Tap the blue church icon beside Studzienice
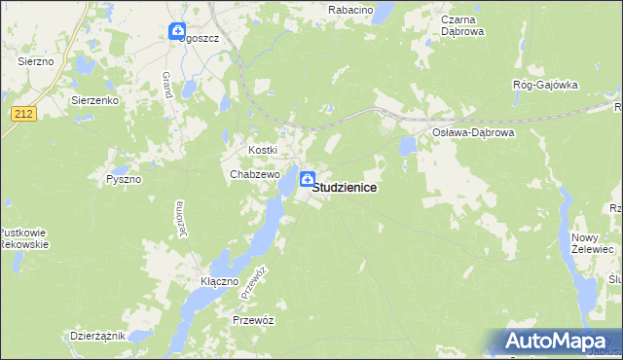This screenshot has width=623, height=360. coord(308,178)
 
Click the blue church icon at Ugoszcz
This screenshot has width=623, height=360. coord(176,32)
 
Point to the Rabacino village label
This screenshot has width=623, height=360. coord(351,9)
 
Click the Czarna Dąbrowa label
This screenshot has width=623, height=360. coord(449,25)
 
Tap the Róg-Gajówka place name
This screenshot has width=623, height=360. coord(545,85)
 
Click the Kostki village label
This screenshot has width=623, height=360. coord(263,150)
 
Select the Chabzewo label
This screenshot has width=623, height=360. coord(255,174)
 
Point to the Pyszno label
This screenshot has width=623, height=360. coord(125,180)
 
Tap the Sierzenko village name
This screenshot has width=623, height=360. coord(94,99)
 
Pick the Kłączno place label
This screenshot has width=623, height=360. coord(220,280)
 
